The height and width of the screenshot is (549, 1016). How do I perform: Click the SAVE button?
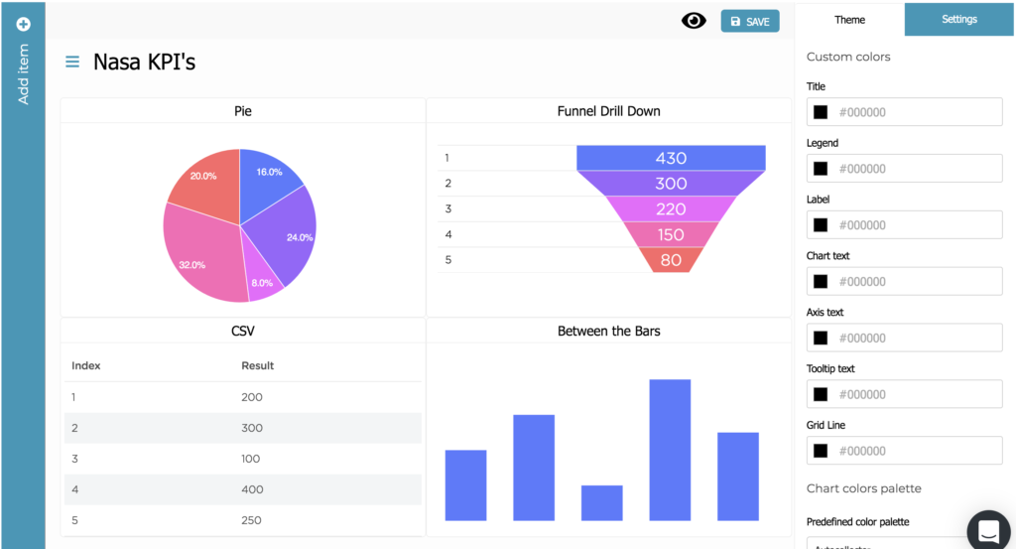point(750,21)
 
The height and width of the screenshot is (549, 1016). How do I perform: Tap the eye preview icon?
point(694,21)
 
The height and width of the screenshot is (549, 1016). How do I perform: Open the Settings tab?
point(959,20)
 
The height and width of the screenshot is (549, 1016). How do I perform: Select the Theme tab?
point(849,20)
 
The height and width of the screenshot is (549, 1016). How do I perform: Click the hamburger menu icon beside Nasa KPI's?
point(72,62)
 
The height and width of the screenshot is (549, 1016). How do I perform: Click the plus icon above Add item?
point(23,24)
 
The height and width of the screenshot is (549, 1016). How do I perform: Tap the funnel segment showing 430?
point(671,158)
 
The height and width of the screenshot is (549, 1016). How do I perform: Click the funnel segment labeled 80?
point(671,260)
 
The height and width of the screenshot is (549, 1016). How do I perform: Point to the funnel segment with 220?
point(671,208)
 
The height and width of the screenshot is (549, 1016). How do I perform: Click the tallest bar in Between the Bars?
point(670,449)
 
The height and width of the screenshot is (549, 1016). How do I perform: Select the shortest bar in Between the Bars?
point(601,502)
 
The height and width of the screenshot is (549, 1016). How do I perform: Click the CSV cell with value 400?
point(253,489)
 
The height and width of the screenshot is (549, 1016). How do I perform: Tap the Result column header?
point(258,365)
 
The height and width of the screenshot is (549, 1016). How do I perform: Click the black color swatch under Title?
point(821,112)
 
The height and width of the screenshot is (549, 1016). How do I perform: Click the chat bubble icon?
point(989,531)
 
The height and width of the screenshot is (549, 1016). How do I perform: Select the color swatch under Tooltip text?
point(821,394)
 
